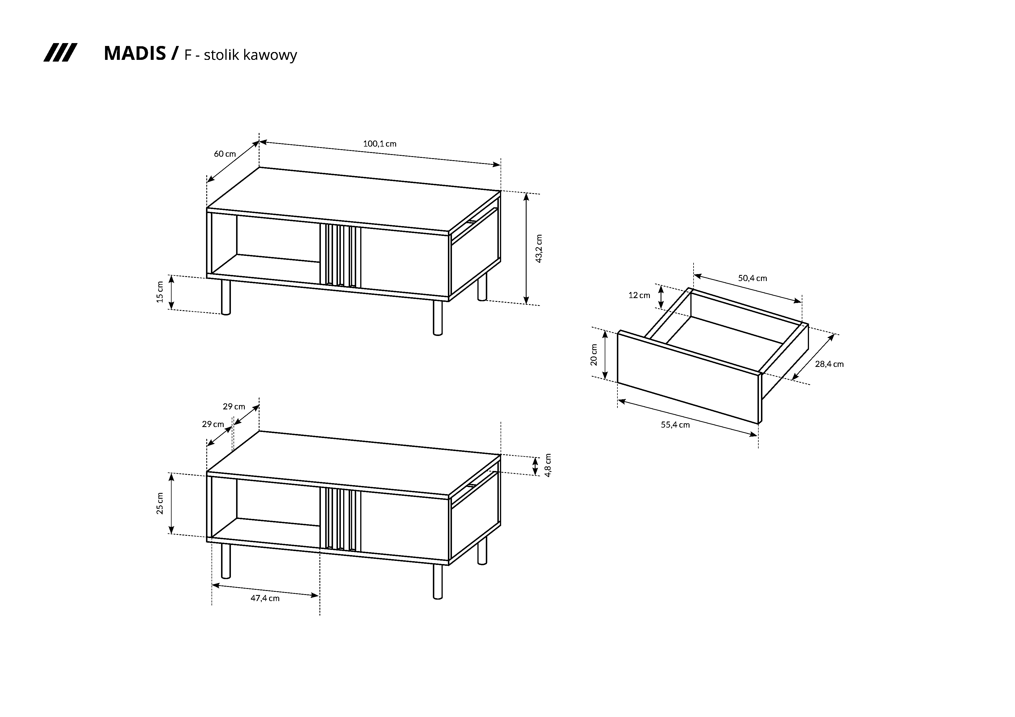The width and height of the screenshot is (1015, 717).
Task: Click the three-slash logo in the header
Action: point(60,53)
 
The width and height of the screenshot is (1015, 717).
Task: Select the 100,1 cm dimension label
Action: point(380,144)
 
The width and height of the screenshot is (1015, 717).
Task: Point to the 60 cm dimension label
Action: point(225,154)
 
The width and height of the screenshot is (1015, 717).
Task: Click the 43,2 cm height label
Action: point(539,249)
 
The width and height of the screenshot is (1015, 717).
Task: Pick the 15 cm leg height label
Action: point(160,292)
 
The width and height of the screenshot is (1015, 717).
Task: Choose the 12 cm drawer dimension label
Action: point(639,295)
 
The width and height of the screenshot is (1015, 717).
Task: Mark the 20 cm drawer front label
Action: point(594,355)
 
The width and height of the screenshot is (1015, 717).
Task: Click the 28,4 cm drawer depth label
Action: point(829,364)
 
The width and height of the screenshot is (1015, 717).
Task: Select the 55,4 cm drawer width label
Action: point(675,424)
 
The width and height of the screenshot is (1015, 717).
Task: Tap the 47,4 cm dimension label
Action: point(265,598)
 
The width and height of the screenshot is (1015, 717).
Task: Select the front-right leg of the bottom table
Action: point(438,581)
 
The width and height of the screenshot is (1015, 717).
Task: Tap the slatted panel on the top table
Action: point(340,256)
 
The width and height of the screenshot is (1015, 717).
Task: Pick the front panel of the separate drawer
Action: point(688,377)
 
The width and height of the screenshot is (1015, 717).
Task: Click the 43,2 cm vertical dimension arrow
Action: point(526,249)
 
